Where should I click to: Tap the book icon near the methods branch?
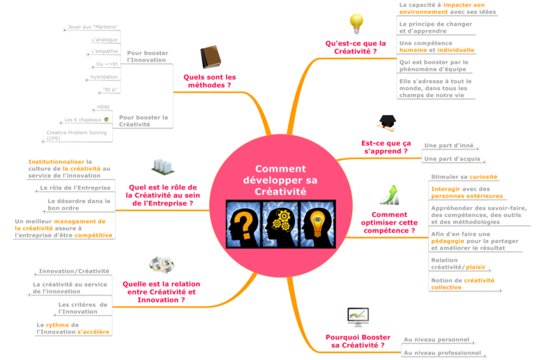coord(210,57)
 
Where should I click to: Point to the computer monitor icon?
coord(358,317)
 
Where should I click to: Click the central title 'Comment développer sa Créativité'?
coord(280,180)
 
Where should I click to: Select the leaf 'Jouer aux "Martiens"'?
coord(92,27)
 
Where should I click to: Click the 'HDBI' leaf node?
coord(103,107)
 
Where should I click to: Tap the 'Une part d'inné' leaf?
coord(448,146)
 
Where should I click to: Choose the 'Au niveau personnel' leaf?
coord(437,340)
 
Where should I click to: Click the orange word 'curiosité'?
coord(483,177)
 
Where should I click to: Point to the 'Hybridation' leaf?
coord(104,77)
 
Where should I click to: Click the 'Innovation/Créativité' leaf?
coord(74,271)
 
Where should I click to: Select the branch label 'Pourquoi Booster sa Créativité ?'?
coord(358,341)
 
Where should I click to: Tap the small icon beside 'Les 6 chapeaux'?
coord(107,120)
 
